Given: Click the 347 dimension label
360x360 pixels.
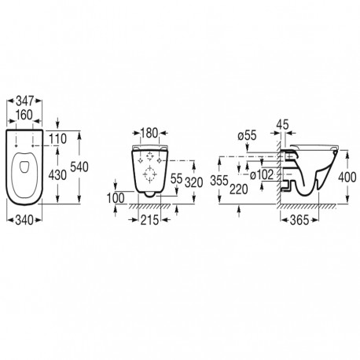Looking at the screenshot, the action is pyautogui.click(x=24, y=101).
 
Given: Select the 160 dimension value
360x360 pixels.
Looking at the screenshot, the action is pyautogui.click(x=24, y=115).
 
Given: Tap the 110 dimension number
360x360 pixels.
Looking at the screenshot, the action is pyautogui.click(x=58, y=139).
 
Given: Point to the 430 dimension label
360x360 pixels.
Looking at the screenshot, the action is pyautogui.click(x=57, y=175).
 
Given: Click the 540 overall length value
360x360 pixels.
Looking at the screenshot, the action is pyautogui.click(x=79, y=167).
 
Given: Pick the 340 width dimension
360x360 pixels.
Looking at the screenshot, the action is pyautogui.click(x=24, y=220).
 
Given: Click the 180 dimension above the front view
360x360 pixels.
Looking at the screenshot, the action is pyautogui.click(x=149, y=133).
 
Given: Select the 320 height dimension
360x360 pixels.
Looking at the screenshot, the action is pyautogui.click(x=194, y=182).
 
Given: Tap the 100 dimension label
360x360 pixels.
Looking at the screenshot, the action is pyautogui.click(x=116, y=198).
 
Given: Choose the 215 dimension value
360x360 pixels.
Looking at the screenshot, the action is pyautogui.click(x=149, y=220).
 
